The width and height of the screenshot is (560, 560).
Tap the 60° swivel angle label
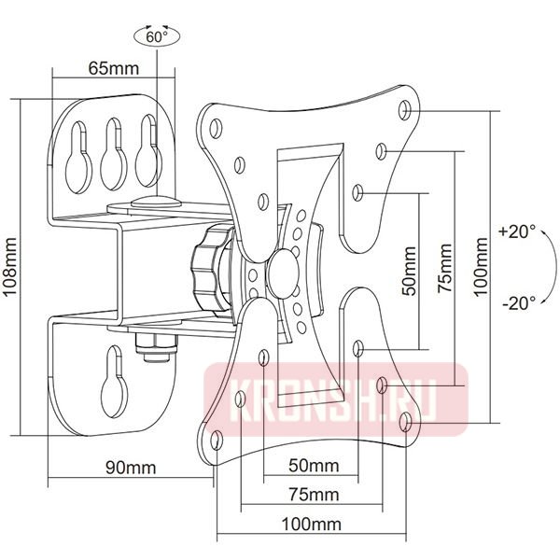[157, 37]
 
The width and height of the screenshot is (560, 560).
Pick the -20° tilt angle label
[518, 302]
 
